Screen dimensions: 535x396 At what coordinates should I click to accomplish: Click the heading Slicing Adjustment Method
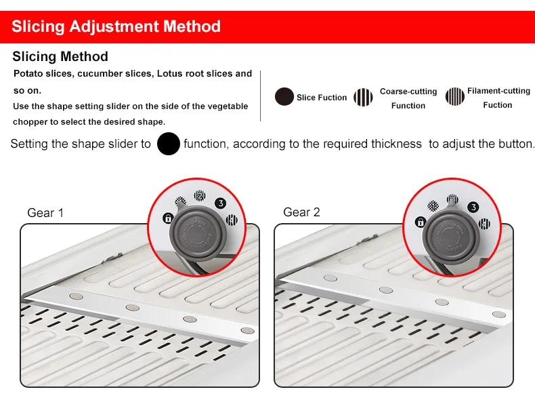[x=116, y=26]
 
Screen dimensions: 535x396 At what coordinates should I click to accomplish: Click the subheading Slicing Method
[x=60, y=56]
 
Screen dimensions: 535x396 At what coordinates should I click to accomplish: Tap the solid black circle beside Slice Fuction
[x=284, y=96]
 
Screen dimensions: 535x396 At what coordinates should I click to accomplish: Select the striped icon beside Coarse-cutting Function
[x=363, y=97]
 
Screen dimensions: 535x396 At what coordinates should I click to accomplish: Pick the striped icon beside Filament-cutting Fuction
[x=455, y=96]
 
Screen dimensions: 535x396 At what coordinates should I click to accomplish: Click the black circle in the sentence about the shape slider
[x=169, y=144]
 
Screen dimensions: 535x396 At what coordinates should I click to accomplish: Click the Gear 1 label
[x=45, y=213]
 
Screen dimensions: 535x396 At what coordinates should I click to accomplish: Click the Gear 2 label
[x=301, y=212]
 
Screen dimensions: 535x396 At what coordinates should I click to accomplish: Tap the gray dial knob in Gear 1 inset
[x=198, y=233]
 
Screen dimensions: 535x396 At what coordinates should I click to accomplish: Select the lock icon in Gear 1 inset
[x=168, y=218]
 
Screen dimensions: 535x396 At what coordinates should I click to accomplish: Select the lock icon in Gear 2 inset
[x=421, y=222]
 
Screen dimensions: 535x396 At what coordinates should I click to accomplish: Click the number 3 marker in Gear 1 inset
[x=221, y=203]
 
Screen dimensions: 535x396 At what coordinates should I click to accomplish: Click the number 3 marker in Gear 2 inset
[x=473, y=207]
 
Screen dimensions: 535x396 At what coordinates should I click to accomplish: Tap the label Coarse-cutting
[x=408, y=92]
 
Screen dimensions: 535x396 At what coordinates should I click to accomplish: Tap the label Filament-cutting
[x=499, y=91]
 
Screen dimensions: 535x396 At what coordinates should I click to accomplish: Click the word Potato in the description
[x=26, y=73]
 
